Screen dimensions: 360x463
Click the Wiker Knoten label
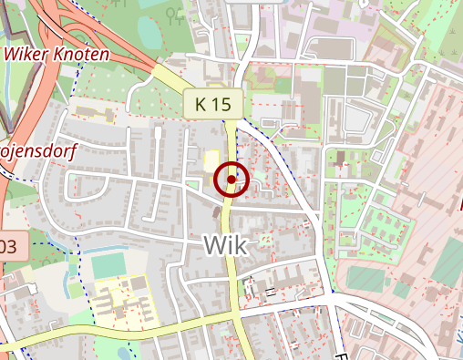point(57,54)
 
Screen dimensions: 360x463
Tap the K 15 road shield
point(212,104)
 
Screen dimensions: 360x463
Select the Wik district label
point(226,243)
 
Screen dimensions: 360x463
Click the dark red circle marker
point(232,180)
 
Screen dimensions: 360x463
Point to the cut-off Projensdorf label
point(36,149)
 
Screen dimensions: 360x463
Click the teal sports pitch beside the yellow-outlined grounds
point(108,265)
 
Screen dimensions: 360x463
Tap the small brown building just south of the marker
point(217,212)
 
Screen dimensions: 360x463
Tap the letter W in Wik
point(214,243)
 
